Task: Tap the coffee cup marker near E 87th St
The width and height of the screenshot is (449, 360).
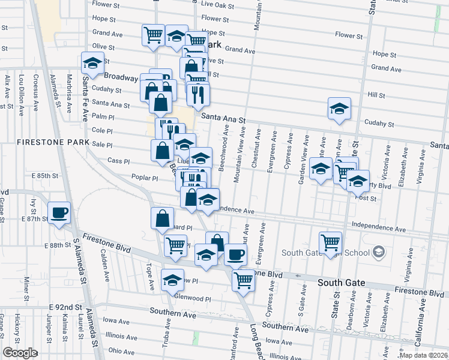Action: tap(59, 213)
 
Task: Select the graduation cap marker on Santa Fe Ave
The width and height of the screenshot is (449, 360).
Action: tap(92, 64)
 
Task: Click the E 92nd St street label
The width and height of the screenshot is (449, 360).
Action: tap(66, 307)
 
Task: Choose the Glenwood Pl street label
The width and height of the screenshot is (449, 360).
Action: tap(193, 298)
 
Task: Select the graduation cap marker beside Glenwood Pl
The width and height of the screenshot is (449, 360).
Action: tap(172, 280)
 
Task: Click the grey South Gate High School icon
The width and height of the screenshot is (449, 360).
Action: tap(378, 252)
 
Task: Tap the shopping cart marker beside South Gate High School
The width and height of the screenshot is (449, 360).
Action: tap(330, 242)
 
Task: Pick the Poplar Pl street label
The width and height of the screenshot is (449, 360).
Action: tap(145, 178)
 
